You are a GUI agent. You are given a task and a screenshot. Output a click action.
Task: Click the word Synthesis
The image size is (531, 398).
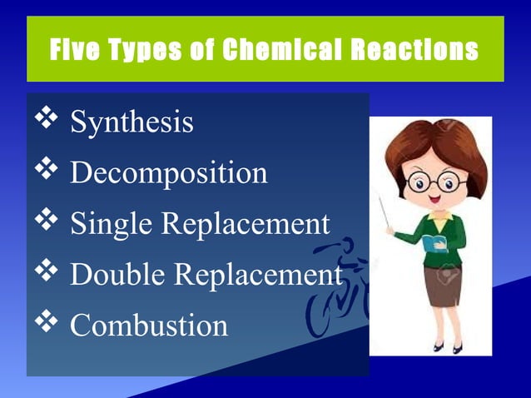click(x=132, y=122)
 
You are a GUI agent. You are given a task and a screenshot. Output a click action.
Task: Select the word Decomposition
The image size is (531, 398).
click(x=168, y=173)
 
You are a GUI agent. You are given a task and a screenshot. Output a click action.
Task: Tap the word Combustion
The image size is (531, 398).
click(x=148, y=325)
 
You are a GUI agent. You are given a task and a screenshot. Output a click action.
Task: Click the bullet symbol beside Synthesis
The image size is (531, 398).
click(x=47, y=120)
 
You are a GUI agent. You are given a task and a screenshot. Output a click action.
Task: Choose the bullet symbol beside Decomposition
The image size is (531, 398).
click(x=47, y=171)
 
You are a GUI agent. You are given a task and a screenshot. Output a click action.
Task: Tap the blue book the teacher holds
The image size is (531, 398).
click(x=435, y=244)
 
